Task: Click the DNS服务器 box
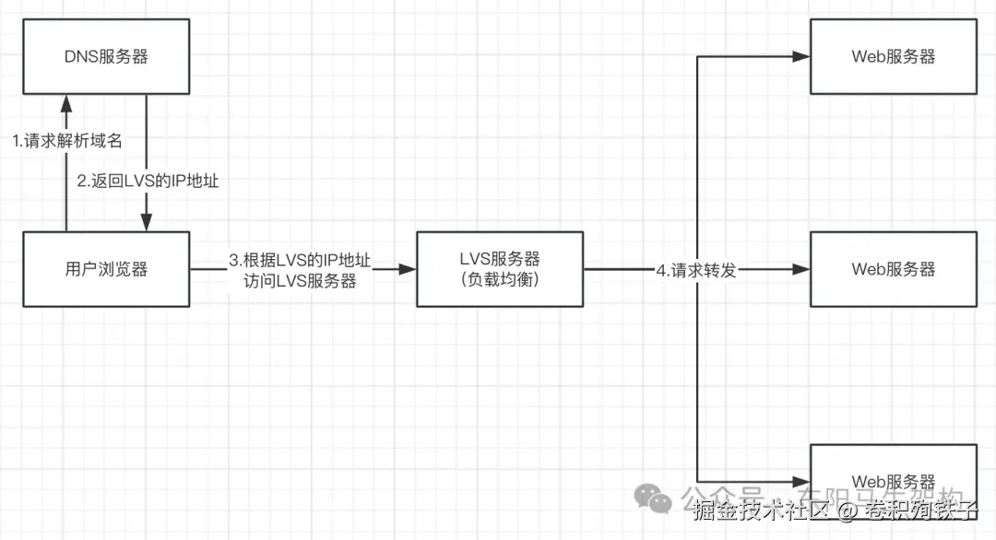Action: (x=106, y=56)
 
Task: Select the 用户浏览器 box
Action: (x=106, y=269)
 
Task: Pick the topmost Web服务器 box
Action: (x=893, y=56)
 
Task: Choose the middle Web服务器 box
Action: (x=893, y=269)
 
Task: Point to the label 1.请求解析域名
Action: (x=66, y=142)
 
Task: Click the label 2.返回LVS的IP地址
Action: (x=148, y=182)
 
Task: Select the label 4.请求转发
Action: (x=695, y=271)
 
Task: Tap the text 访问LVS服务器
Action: (x=299, y=282)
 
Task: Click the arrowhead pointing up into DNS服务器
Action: (x=66, y=102)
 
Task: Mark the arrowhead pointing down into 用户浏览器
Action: (x=147, y=224)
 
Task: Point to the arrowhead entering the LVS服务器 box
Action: (x=408, y=269)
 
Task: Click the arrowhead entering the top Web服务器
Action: (x=801, y=57)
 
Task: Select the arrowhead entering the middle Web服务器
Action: (x=801, y=270)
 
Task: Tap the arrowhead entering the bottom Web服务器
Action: (x=801, y=480)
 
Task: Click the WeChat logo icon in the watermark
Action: (x=659, y=499)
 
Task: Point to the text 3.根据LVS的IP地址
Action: (x=299, y=261)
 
